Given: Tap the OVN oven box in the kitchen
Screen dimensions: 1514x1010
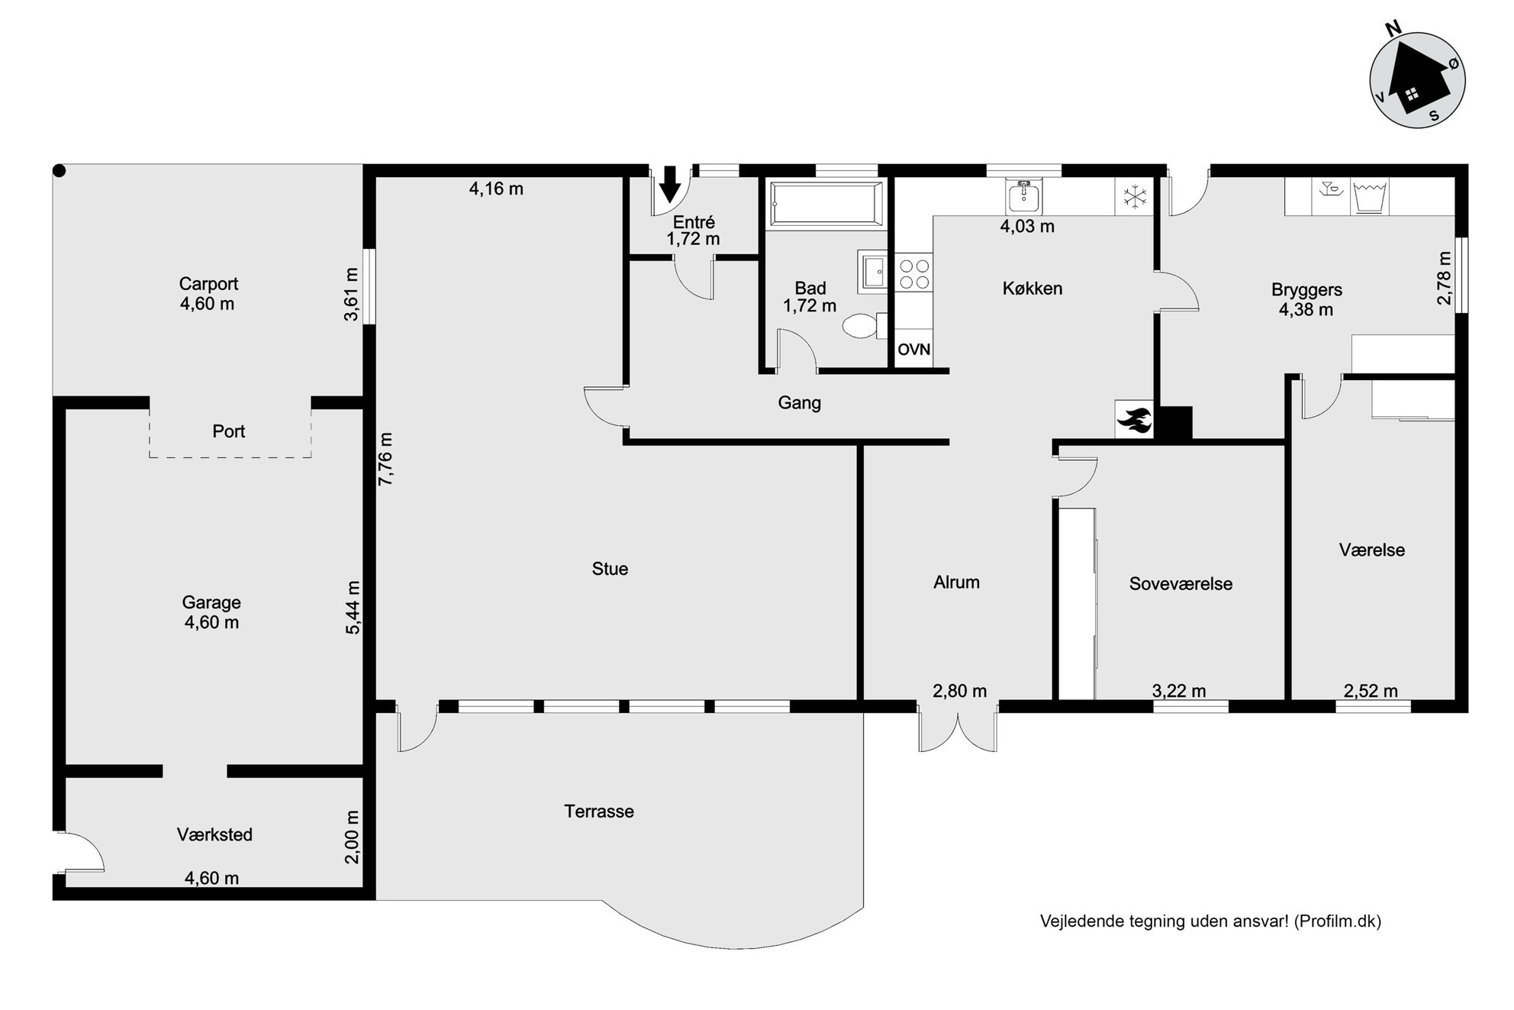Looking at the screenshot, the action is (x=913, y=350).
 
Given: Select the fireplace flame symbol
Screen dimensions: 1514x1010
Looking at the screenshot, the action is (x=1135, y=420).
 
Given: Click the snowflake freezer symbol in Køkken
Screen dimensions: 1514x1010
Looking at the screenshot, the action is (x=1135, y=197).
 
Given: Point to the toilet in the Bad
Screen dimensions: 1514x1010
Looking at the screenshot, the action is (x=865, y=326).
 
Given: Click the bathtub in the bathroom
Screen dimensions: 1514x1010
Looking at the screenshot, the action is (x=826, y=204).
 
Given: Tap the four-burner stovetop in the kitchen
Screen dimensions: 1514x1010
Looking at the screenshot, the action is (x=913, y=274).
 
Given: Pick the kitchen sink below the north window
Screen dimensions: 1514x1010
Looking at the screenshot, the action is (x=1024, y=196).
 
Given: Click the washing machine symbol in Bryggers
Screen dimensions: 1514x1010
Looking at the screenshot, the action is (x=1371, y=197).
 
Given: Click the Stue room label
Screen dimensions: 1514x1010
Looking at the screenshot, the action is (x=610, y=569).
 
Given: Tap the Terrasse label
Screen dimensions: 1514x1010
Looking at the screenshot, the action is (x=599, y=812).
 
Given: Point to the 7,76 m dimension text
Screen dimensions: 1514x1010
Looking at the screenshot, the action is (x=385, y=458).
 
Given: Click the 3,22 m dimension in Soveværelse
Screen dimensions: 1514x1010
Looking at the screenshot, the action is (x=1179, y=692).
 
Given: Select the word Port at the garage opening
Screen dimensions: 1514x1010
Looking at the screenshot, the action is (x=229, y=431).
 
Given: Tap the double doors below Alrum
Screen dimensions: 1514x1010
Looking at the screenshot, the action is (x=958, y=731).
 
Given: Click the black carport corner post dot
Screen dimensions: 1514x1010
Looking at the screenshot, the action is (x=60, y=172).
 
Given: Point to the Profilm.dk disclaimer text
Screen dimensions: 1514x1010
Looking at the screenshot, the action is (x=1210, y=921).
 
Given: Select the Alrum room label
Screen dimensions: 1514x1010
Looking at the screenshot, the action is (x=956, y=582).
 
